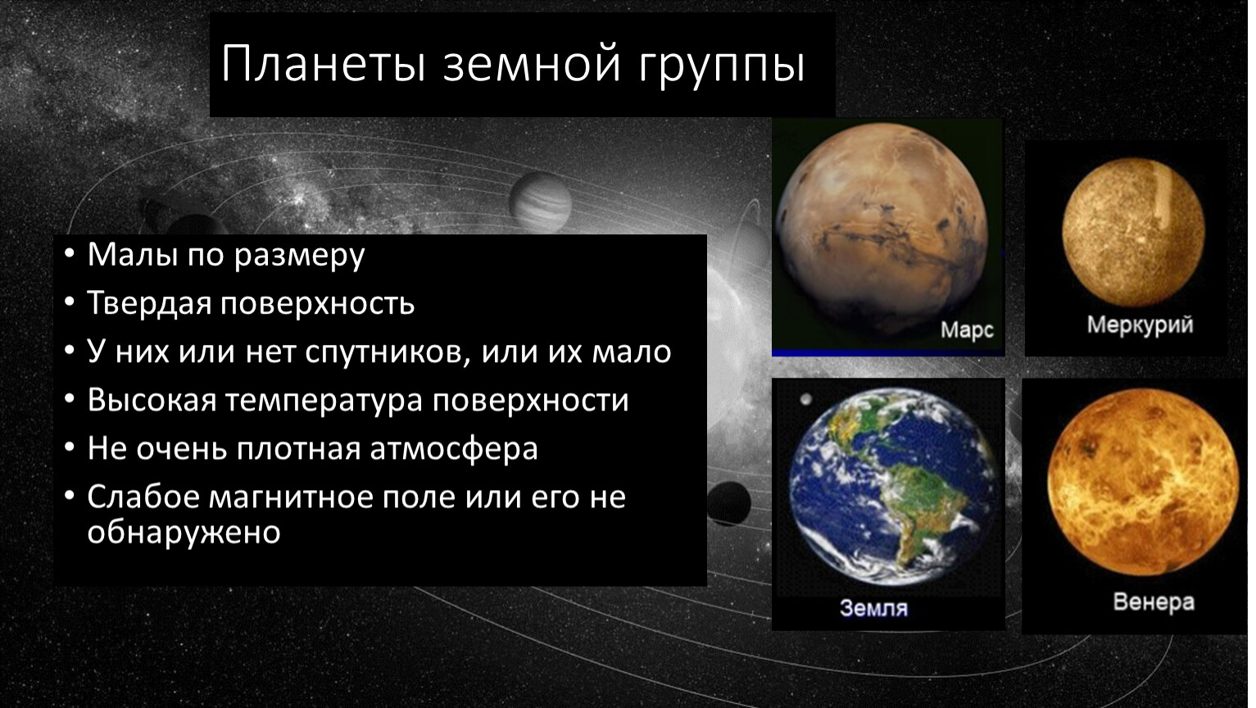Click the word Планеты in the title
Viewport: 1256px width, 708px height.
tap(324, 63)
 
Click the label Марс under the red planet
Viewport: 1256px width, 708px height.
tap(967, 330)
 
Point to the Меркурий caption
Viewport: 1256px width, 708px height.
tap(1140, 324)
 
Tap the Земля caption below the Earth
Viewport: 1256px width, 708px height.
tap(873, 607)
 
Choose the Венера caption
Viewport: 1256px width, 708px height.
tap(1154, 602)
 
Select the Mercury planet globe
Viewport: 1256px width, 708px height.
tap(1133, 232)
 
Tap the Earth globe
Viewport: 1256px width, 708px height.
tap(893, 487)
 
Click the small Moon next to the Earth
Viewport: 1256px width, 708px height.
tap(805, 399)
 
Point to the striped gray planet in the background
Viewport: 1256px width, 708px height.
tap(540, 202)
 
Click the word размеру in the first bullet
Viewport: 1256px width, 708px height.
tap(299, 256)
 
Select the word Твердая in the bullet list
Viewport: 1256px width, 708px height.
tap(148, 303)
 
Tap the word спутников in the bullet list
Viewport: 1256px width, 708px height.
tap(388, 352)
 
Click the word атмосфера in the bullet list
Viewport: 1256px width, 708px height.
tap(454, 449)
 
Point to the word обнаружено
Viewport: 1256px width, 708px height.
tap(184, 532)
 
